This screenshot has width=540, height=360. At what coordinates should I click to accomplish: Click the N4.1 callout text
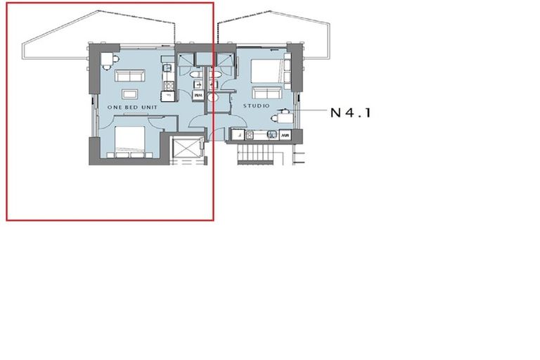click(x=349, y=111)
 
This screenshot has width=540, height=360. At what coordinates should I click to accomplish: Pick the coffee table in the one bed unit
click(x=131, y=94)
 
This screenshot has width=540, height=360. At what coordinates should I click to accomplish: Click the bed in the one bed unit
click(x=130, y=141)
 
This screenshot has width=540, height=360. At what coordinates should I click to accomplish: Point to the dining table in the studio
click(x=285, y=117)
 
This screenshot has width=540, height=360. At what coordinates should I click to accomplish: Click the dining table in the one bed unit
click(x=106, y=60)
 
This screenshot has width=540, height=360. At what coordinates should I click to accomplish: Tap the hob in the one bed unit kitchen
click(x=168, y=86)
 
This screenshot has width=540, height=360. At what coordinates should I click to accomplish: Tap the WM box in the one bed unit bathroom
click(x=198, y=94)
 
